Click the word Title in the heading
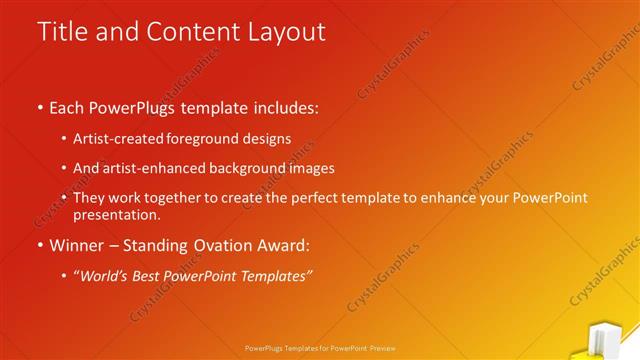pos(62,31)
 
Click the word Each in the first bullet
pos(68,107)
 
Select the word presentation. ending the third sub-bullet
pos(116,214)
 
